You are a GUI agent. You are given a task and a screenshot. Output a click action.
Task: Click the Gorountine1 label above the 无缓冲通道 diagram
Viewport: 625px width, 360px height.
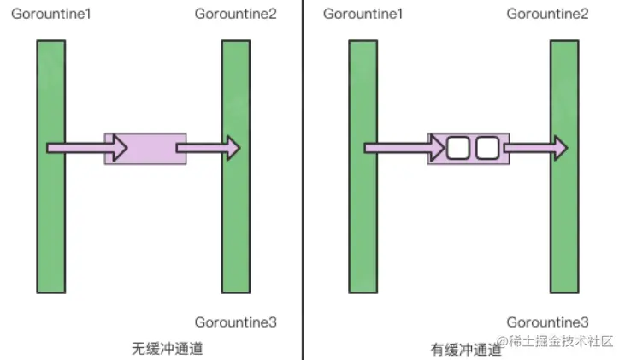pyautogui.click(x=52, y=14)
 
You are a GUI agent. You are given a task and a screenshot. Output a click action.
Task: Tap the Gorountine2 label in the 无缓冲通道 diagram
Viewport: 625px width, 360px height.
pyautogui.click(x=236, y=14)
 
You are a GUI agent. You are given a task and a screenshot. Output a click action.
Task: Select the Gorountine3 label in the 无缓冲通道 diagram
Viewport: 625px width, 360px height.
pyautogui.click(x=236, y=322)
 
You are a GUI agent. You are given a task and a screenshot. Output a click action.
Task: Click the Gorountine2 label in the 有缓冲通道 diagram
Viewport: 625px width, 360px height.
pyautogui.click(x=548, y=14)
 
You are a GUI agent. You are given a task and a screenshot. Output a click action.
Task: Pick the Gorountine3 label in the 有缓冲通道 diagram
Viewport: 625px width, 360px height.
pyautogui.click(x=548, y=322)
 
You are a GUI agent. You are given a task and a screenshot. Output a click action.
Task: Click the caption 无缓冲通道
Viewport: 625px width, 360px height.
pyautogui.click(x=168, y=349)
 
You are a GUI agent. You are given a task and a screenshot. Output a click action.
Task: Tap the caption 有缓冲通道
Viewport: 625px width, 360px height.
pyautogui.click(x=467, y=349)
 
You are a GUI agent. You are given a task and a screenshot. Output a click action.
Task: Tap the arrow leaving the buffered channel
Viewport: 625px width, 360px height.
pyautogui.click(x=534, y=148)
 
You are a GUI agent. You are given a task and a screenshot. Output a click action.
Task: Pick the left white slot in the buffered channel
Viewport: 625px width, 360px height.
pyautogui.click(x=459, y=148)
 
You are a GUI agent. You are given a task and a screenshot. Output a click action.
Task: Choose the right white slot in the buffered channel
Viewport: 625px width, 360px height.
pyautogui.click(x=486, y=148)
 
